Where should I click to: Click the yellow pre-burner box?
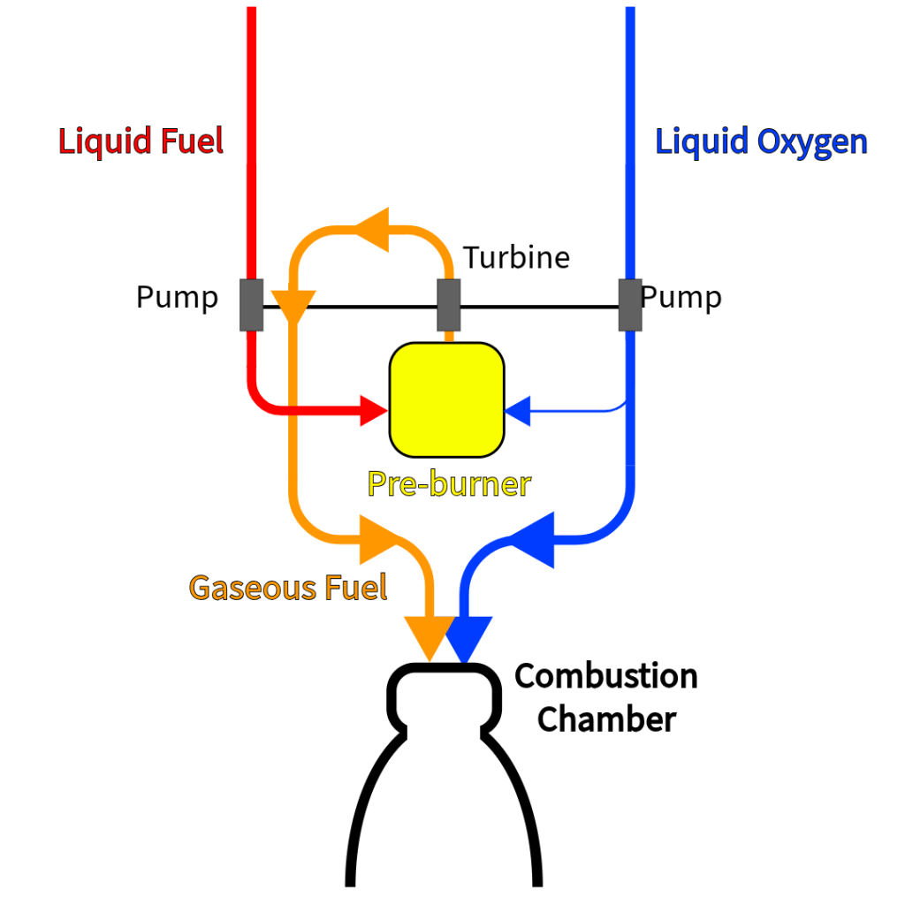pyautogui.click(x=446, y=399)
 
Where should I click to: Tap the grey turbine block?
pyautogui.click(x=449, y=305)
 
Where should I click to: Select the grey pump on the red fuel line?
pyautogui.click(x=251, y=305)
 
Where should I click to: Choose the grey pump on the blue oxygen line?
pyautogui.click(x=629, y=305)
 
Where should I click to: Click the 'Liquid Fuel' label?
pyautogui.click(x=141, y=141)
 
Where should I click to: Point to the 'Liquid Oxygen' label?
pyautogui.click(x=761, y=141)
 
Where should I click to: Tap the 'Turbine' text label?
pyautogui.click(x=517, y=257)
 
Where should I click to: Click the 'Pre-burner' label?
pyautogui.click(x=449, y=483)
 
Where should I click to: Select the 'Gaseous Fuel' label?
pyautogui.click(x=288, y=587)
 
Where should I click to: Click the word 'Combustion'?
pyautogui.click(x=606, y=676)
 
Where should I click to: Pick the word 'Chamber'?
pyautogui.click(x=606, y=719)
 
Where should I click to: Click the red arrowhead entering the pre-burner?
pyautogui.click(x=375, y=410)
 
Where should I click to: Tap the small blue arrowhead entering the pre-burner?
pyautogui.click(x=518, y=410)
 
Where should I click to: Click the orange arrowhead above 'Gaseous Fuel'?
pyautogui.click(x=377, y=539)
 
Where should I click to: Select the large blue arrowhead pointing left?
pyautogui.click(x=533, y=539)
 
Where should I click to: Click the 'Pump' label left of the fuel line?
pyautogui.click(x=177, y=298)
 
